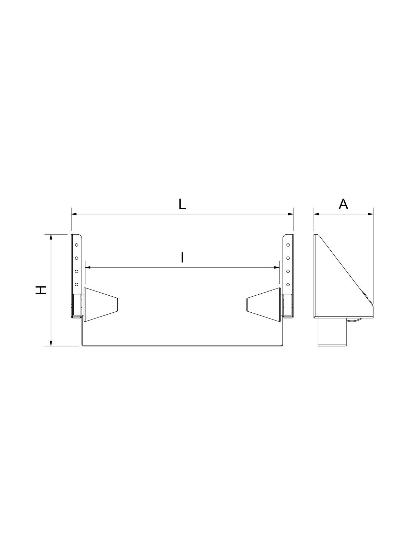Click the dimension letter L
182,204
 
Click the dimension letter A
344,204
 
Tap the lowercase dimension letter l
182,258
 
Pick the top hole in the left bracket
76,245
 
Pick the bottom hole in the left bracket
76,284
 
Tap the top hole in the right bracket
288,245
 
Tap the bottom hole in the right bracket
288,284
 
